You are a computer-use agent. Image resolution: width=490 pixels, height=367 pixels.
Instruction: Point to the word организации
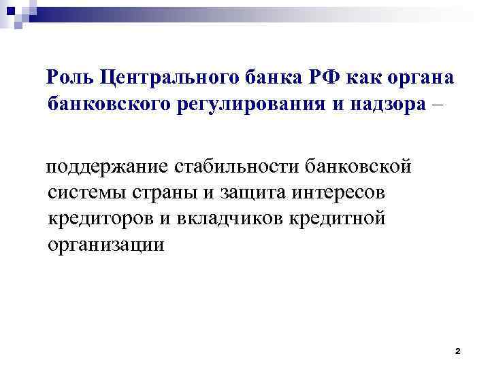point(106,244)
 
